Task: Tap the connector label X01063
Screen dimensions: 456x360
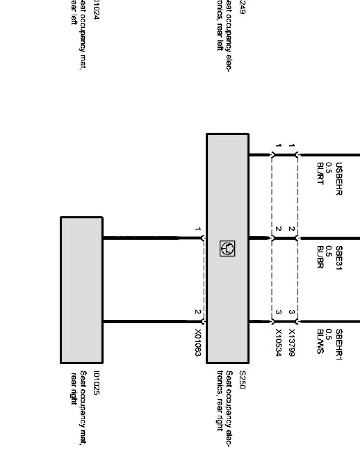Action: (197, 342)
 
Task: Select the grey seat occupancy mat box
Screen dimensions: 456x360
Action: (81, 290)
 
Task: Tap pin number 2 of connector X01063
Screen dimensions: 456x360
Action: (197, 312)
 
